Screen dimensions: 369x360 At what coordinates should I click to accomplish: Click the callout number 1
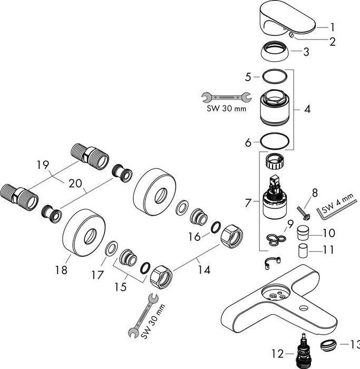(x=333, y=26)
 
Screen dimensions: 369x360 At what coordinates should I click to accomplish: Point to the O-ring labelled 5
(x=275, y=77)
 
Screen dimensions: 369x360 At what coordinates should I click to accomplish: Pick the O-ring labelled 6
(x=275, y=141)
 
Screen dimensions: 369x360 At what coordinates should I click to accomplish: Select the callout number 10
(x=329, y=232)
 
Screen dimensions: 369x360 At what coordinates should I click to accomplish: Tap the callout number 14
(x=203, y=269)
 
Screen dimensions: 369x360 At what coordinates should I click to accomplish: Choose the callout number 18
(x=62, y=270)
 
